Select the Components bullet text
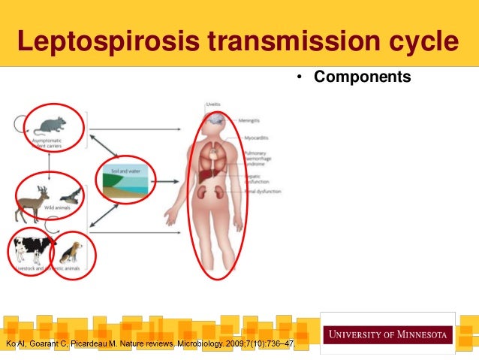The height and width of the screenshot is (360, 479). click(363, 77)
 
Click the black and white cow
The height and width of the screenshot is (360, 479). click(31, 247)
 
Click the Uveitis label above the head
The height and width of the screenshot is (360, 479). click(212, 104)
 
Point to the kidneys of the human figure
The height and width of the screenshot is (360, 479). click(212, 192)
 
